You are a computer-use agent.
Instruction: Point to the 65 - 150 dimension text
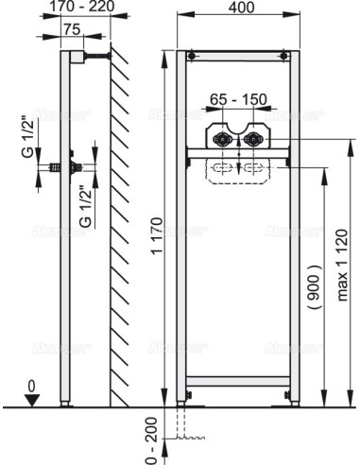coord(236,97)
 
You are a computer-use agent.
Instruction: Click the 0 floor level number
coord(31,386)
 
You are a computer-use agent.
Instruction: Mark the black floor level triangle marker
coord(32,400)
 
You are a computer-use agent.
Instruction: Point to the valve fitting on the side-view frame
coord(67,166)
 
